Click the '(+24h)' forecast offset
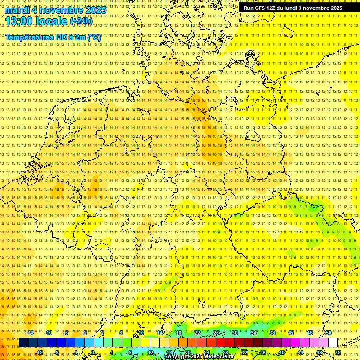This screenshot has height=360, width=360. click(81, 21)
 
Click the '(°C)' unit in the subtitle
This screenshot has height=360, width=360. click(93, 37)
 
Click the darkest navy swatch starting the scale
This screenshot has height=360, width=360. click(23, 343)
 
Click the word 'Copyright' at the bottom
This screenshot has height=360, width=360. click(177, 357)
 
